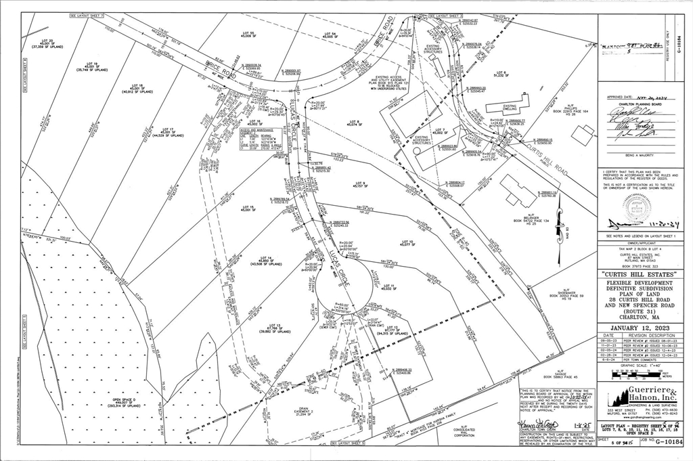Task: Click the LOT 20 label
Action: (x=47, y=43)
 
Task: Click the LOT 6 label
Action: (x=501, y=74)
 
